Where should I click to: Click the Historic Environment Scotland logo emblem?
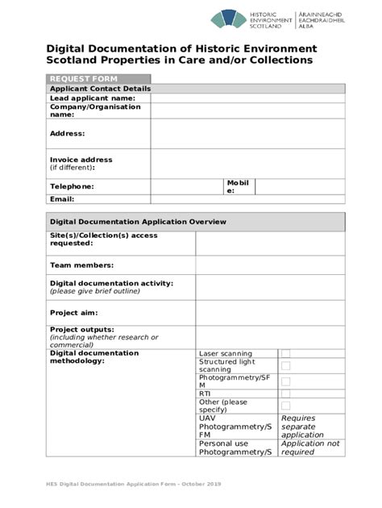(x=230, y=20)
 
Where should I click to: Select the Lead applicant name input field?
(x=247, y=98)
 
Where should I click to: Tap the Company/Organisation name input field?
(x=247, y=111)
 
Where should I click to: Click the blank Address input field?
(x=247, y=134)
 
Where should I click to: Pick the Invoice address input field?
(x=247, y=164)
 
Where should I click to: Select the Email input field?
(x=247, y=199)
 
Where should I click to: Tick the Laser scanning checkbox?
(x=285, y=353)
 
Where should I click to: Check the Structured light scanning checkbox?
(x=285, y=366)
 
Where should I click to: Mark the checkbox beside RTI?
(x=285, y=393)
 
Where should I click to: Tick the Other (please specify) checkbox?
(x=285, y=406)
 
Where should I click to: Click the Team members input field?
(x=270, y=265)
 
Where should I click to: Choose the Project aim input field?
(x=270, y=313)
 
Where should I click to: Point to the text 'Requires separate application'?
(x=302, y=427)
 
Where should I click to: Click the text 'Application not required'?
(x=310, y=448)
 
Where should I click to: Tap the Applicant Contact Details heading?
(x=101, y=89)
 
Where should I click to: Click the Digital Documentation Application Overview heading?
(x=138, y=221)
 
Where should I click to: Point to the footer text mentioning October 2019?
(x=133, y=483)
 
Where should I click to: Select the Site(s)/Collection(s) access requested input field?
(x=270, y=243)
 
